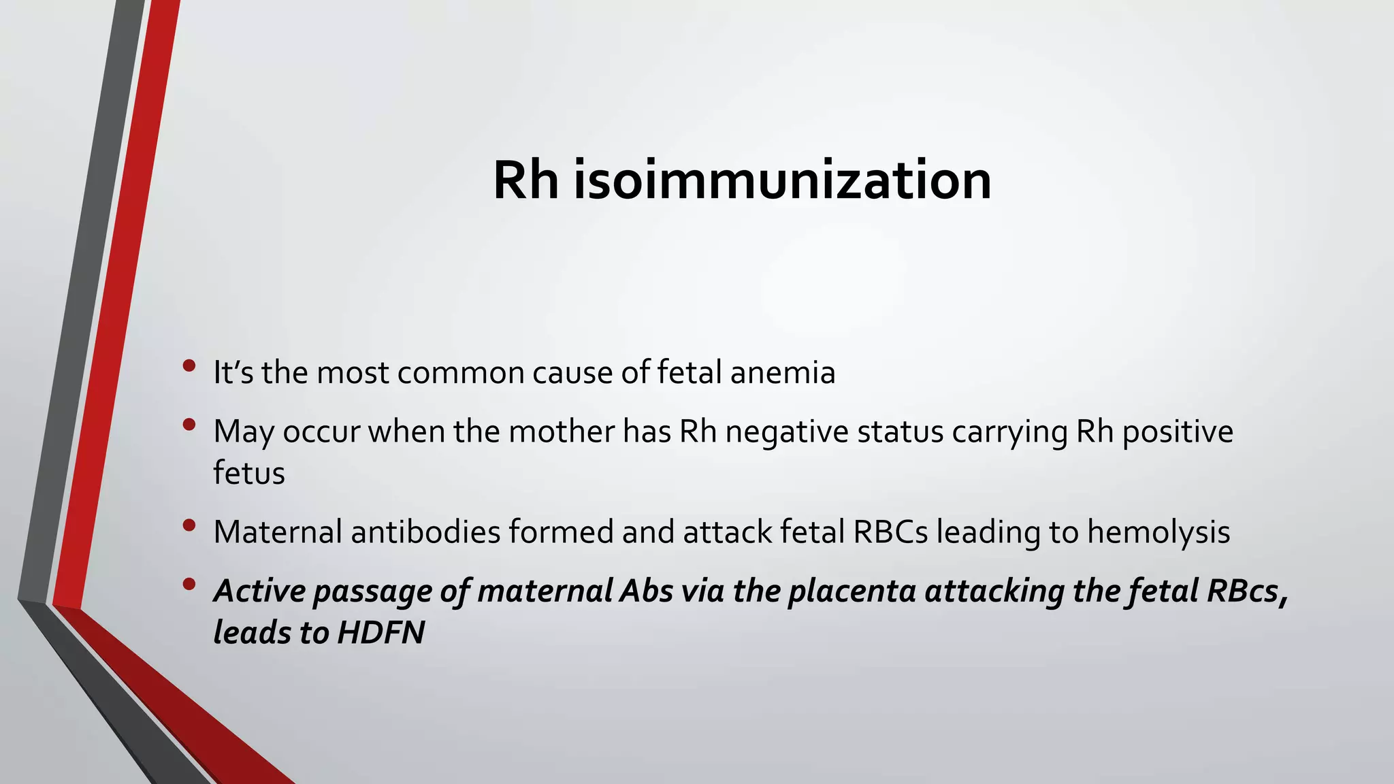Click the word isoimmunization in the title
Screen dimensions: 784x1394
point(782,180)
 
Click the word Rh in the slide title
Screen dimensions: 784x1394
point(525,180)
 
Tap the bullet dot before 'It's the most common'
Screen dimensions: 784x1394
point(189,366)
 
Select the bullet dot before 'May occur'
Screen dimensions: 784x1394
point(189,425)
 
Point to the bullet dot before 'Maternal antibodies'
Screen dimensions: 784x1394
point(189,525)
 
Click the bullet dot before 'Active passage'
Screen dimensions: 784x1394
point(189,584)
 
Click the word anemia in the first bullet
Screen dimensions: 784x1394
point(782,373)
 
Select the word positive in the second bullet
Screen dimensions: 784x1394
point(1178,432)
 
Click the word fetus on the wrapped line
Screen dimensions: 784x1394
point(248,473)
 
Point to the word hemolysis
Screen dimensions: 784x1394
point(1158,532)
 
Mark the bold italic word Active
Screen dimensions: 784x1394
point(259,591)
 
